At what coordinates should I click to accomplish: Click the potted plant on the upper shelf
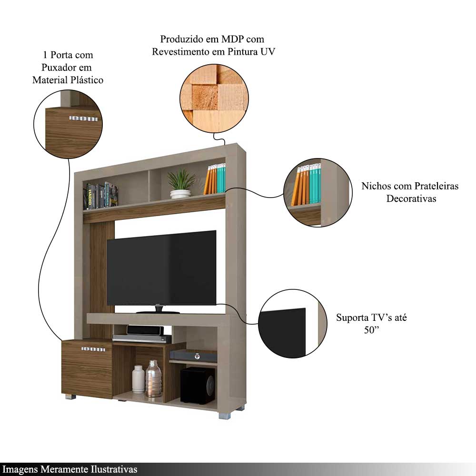click(x=181, y=183)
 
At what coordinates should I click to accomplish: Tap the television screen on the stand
click(x=161, y=268)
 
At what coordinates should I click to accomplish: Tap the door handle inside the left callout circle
click(x=83, y=118)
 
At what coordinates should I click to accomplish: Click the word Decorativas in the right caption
click(x=411, y=198)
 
